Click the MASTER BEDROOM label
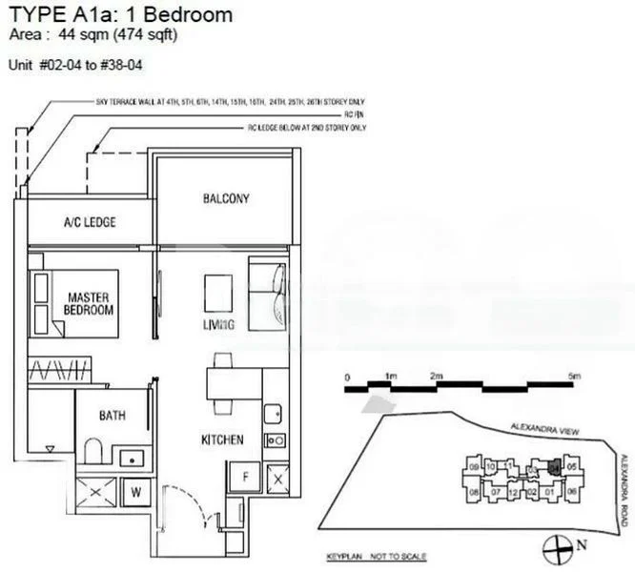(89, 303)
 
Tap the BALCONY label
(226, 198)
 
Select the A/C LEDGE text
(90, 222)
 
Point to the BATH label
(113, 415)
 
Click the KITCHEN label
(222, 439)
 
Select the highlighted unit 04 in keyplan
(552, 467)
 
